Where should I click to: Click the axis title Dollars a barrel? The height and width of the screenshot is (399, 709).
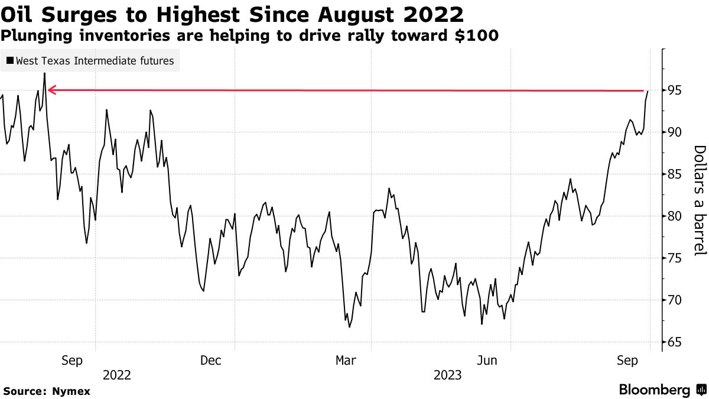(699, 200)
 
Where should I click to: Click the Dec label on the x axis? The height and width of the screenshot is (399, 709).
(211, 360)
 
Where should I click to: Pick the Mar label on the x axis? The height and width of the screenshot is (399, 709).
(346, 360)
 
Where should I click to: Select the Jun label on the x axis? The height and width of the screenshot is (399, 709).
(487, 360)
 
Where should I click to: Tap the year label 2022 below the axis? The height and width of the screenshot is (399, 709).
(117, 375)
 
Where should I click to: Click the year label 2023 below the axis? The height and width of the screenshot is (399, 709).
(448, 375)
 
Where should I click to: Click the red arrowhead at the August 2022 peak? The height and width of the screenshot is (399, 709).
(51, 90)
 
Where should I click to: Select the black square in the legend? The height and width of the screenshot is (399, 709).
(10, 61)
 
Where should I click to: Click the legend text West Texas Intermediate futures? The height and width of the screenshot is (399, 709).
(95, 61)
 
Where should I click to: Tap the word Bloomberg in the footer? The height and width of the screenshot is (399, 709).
(654, 390)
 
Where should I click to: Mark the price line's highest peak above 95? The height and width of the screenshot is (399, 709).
(44, 73)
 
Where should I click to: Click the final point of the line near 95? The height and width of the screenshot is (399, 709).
(648, 91)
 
